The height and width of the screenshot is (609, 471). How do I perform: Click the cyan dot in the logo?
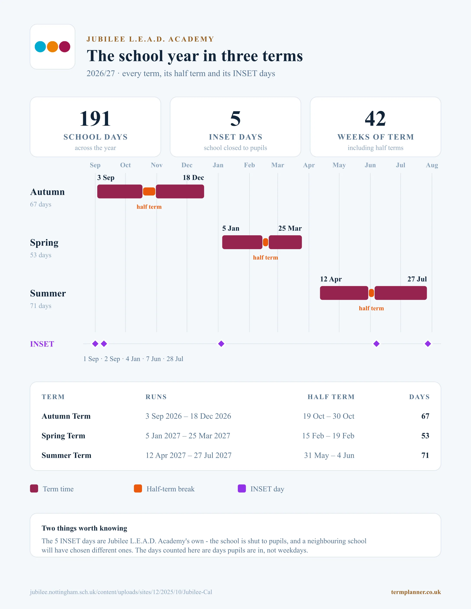click(x=40, y=46)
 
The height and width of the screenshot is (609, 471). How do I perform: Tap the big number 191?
click(x=95, y=119)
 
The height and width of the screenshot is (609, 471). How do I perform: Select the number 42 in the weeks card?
click(x=375, y=119)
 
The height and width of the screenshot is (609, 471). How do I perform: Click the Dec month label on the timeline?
click(x=187, y=165)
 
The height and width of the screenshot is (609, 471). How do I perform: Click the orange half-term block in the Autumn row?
click(x=149, y=192)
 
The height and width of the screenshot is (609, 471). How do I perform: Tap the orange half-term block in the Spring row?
click(x=266, y=242)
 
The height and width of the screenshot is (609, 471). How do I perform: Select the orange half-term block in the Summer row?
click(x=371, y=293)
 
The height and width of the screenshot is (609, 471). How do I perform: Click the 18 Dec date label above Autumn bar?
click(x=193, y=178)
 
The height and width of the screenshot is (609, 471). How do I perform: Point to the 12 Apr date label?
click(x=331, y=279)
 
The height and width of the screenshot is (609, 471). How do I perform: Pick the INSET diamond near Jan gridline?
click(x=221, y=344)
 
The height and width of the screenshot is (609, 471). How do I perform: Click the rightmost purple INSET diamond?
click(x=428, y=344)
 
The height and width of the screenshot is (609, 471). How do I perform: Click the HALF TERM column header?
click(x=331, y=397)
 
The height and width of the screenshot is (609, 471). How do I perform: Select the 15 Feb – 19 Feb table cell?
click(x=328, y=436)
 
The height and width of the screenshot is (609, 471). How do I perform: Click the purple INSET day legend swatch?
click(x=242, y=489)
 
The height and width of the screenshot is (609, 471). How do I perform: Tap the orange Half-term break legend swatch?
click(x=138, y=489)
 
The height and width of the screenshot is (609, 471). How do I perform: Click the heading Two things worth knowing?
click(x=84, y=528)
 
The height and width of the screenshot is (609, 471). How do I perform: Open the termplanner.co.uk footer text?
click(x=416, y=592)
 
